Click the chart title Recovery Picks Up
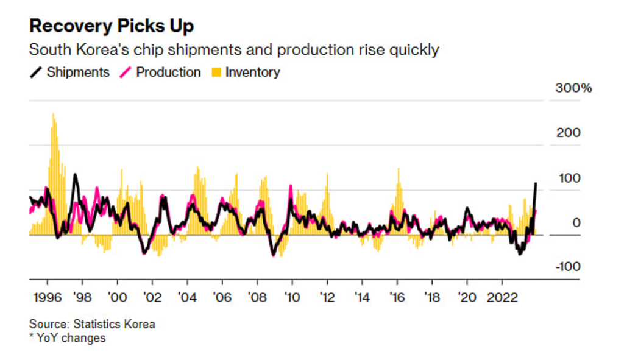(x=112, y=26)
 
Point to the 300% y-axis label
(x=573, y=88)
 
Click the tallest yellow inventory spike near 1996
(x=53, y=115)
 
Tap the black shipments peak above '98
(x=75, y=175)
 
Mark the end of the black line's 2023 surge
(x=536, y=183)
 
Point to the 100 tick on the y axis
(x=571, y=178)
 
